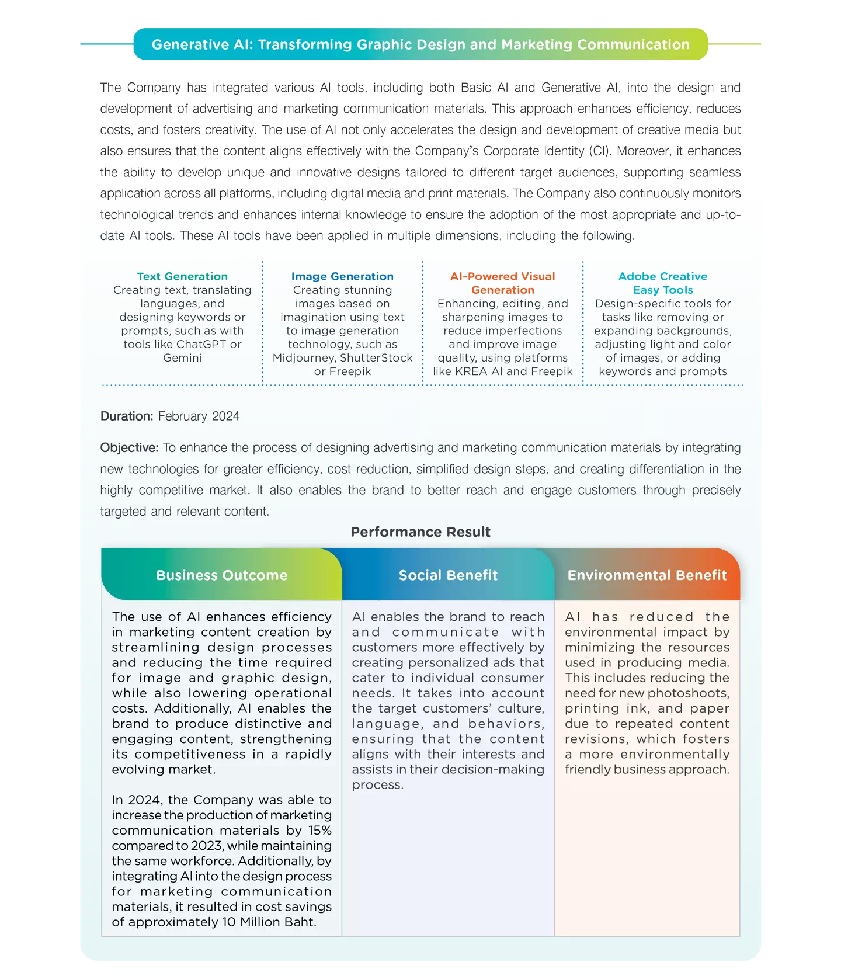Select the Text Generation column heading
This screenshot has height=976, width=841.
pyautogui.click(x=182, y=276)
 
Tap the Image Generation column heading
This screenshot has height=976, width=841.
pyautogui.click(x=342, y=276)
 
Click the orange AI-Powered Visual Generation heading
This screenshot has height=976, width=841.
pyautogui.click(x=502, y=283)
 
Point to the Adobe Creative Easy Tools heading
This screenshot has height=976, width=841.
pyautogui.click(x=662, y=283)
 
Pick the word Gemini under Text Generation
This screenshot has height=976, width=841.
pyautogui.click(x=182, y=357)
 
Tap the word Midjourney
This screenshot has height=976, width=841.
pyautogui.click(x=303, y=357)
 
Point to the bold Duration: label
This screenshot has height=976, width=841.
pyautogui.click(x=127, y=416)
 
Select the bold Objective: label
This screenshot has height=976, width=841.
pyautogui.click(x=129, y=448)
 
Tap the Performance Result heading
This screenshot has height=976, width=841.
pyautogui.click(x=420, y=532)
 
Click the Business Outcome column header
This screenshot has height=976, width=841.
pyautogui.click(x=222, y=575)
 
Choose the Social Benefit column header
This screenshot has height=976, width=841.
pyautogui.click(x=448, y=575)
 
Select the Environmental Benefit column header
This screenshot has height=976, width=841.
pyautogui.click(x=647, y=575)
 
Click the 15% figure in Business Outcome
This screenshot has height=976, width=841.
pyautogui.click(x=320, y=831)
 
